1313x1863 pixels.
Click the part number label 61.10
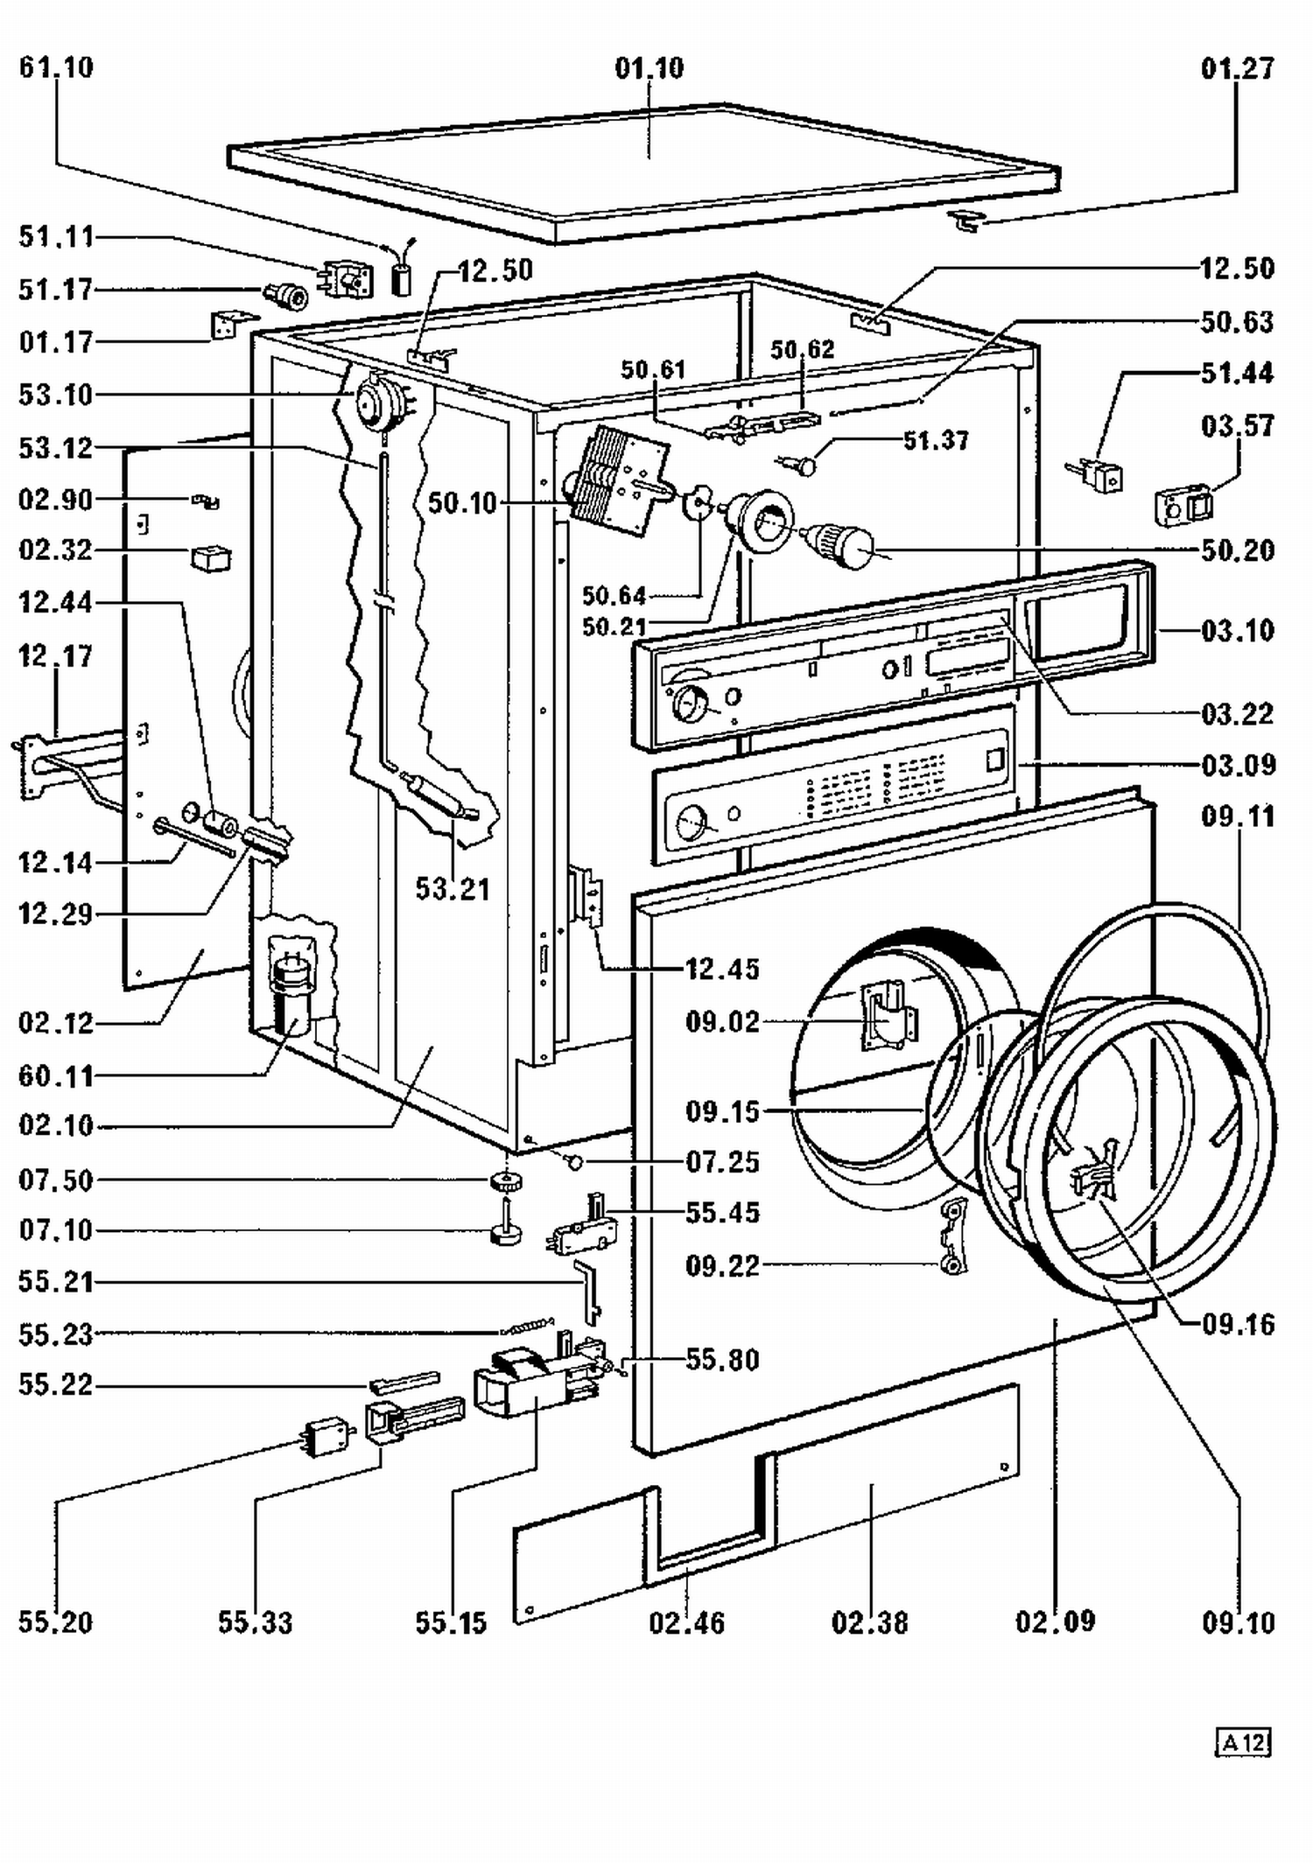click(x=56, y=67)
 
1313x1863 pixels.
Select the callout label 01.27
click(x=1237, y=67)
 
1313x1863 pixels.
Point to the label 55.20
click(x=55, y=1621)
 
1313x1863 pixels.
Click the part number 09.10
click(x=1238, y=1621)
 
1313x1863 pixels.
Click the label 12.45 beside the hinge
click(x=722, y=969)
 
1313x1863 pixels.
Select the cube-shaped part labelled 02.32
click(x=210, y=557)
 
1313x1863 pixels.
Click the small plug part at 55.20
click(x=326, y=1435)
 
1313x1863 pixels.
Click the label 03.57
click(x=1237, y=426)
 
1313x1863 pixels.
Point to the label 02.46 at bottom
click(x=687, y=1622)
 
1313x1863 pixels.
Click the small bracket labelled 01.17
click(x=231, y=325)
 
